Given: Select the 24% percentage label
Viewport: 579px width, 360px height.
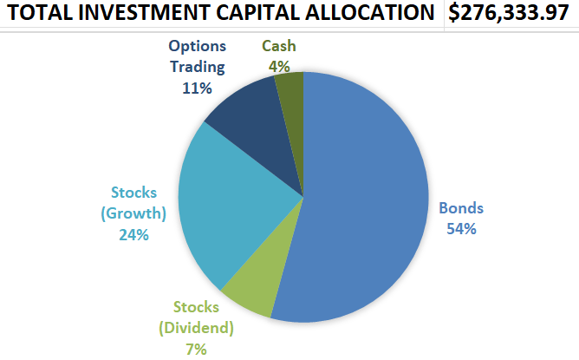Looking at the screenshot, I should [x=135, y=233].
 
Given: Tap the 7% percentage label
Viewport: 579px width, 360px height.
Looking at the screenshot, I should [x=196, y=349].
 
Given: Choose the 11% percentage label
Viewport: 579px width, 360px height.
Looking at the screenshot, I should [x=197, y=87].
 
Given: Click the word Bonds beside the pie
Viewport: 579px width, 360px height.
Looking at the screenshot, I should [x=461, y=208].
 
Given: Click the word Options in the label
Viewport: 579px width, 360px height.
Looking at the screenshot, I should [x=198, y=46].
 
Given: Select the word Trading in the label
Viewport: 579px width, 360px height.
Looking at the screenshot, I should [x=198, y=66].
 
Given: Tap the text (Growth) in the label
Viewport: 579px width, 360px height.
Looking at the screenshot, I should [x=135, y=213].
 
